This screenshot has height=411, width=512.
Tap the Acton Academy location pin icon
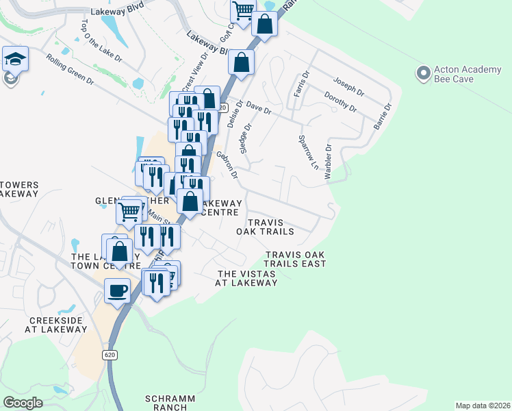click(424, 71)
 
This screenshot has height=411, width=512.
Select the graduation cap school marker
click(14, 60)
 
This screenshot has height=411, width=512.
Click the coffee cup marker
click(117, 290)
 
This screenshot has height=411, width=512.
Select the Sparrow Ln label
click(309, 152)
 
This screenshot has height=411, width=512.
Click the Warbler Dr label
click(329, 162)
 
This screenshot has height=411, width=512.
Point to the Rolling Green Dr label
click(71, 69)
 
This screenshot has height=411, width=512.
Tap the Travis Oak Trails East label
click(295, 259)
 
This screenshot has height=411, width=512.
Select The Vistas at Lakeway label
click(247, 277)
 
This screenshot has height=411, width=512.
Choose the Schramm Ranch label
click(170, 402)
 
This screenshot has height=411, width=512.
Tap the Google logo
click(23, 402)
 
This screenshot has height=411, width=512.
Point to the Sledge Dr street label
click(248, 138)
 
